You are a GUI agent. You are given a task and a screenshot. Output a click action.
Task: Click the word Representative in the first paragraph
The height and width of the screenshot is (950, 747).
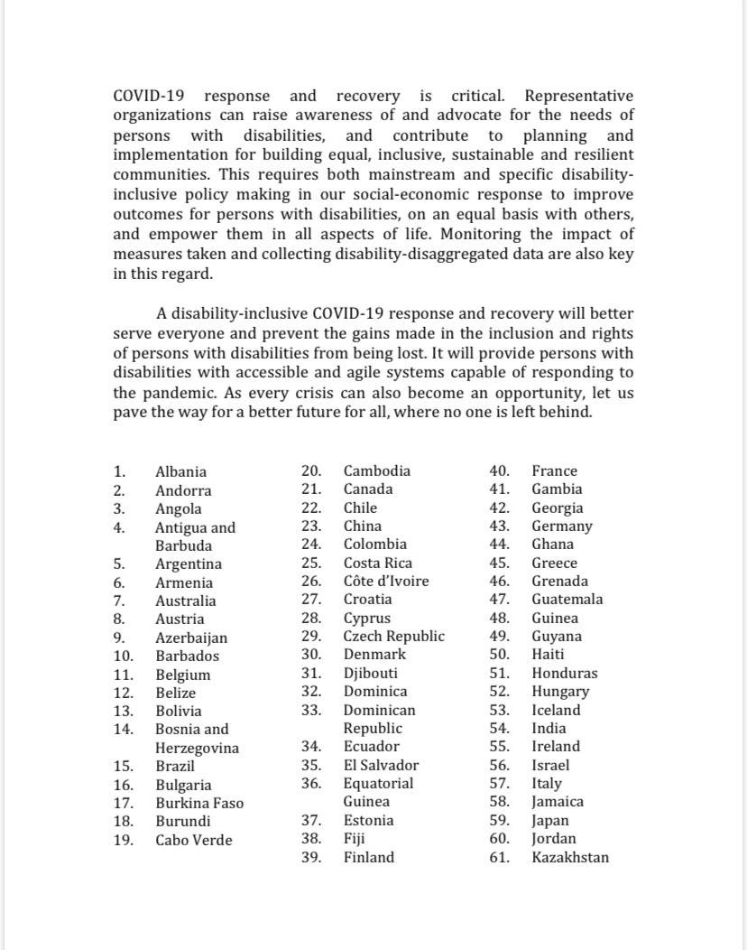pyautogui.click(x=578, y=96)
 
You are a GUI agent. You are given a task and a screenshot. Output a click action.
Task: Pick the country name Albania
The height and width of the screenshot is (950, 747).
pyautogui.click(x=180, y=471)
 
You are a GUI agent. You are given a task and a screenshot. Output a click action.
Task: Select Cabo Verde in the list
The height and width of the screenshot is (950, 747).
pyautogui.click(x=193, y=840)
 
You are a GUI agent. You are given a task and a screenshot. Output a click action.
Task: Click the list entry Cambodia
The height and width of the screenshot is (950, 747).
pyautogui.click(x=376, y=470)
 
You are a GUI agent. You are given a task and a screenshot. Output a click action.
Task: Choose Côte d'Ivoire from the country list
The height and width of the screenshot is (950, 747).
pyautogui.click(x=385, y=581)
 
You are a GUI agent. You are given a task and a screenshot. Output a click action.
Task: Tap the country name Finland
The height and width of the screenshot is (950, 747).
pyautogui.click(x=368, y=857)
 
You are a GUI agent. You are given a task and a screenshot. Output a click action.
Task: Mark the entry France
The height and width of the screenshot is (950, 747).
pyautogui.click(x=554, y=470)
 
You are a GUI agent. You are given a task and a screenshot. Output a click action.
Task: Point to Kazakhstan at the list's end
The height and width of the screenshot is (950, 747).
pyautogui.click(x=570, y=857)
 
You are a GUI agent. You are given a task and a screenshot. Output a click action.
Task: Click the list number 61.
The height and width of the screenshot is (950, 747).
pyautogui.click(x=499, y=857)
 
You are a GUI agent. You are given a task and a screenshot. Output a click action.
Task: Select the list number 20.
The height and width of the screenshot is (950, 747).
pyautogui.click(x=311, y=470)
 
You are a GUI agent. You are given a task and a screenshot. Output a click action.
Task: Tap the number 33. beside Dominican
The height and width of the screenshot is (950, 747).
pyautogui.click(x=311, y=710)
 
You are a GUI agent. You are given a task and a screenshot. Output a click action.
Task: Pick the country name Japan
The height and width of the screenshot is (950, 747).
pyautogui.click(x=549, y=821)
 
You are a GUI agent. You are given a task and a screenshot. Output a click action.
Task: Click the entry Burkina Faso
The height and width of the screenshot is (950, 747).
pyautogui.click(x=198, y=803)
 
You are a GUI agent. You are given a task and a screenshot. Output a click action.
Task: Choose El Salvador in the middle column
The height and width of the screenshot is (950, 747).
pyautogui.click(x=381, y=765)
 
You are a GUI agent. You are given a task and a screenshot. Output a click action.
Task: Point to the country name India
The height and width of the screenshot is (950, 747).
pyautogui.click(x=549, y=728)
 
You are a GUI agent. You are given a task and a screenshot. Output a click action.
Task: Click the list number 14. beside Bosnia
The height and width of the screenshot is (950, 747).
pyautogui.click(x=124, y=729)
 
